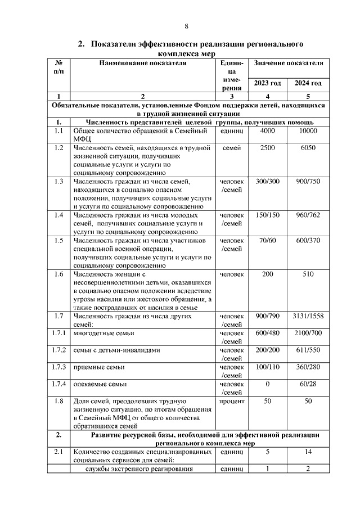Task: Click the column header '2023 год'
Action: point(267,83)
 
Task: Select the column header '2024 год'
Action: point(308,83)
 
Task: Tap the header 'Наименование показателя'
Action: point(142,63)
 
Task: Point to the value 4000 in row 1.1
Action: point(267,131)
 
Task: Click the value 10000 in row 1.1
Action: point(308,131)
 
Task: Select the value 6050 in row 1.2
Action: point(308,148)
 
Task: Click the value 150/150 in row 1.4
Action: point(267,215)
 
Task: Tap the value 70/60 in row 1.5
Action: point(267,241)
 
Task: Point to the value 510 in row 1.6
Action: point(308,274)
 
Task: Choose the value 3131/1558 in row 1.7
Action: point(308,316)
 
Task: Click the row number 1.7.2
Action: point(58,350)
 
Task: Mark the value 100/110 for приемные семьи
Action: point(267,367)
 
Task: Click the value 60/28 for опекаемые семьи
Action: point(308,384)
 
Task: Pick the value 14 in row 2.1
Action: point(308,452)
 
